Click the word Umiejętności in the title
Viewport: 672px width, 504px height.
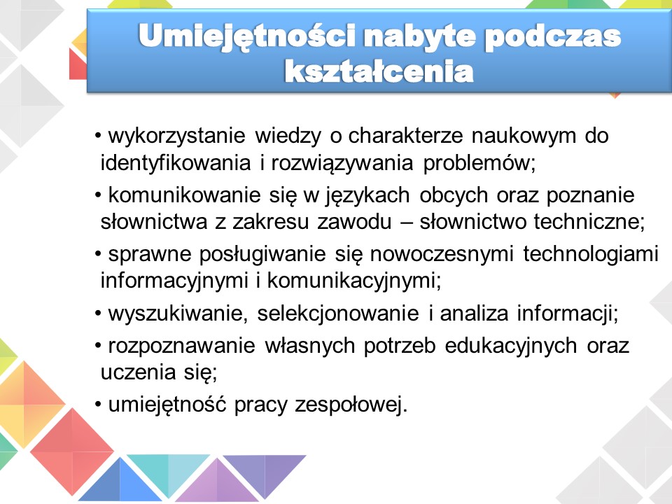[247, 36]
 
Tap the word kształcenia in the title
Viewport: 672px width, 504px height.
[379, 71]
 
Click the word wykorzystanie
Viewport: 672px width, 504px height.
[176, 136]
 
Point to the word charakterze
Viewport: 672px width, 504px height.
[405, 136]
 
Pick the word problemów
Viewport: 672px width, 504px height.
[479, 163]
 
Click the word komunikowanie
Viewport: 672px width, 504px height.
[184, 195]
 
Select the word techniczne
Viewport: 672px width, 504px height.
[589, 222]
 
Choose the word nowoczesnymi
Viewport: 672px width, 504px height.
[442, 255]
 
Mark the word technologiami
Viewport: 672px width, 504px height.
[591, 255]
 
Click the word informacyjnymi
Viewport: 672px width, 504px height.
[174, 281]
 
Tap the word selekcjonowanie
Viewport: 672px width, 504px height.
[337, 314]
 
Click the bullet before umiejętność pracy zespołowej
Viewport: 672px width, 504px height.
[98, 405]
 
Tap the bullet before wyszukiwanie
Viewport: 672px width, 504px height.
[98, 314]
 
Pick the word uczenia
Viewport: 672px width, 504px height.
[138, 372]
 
